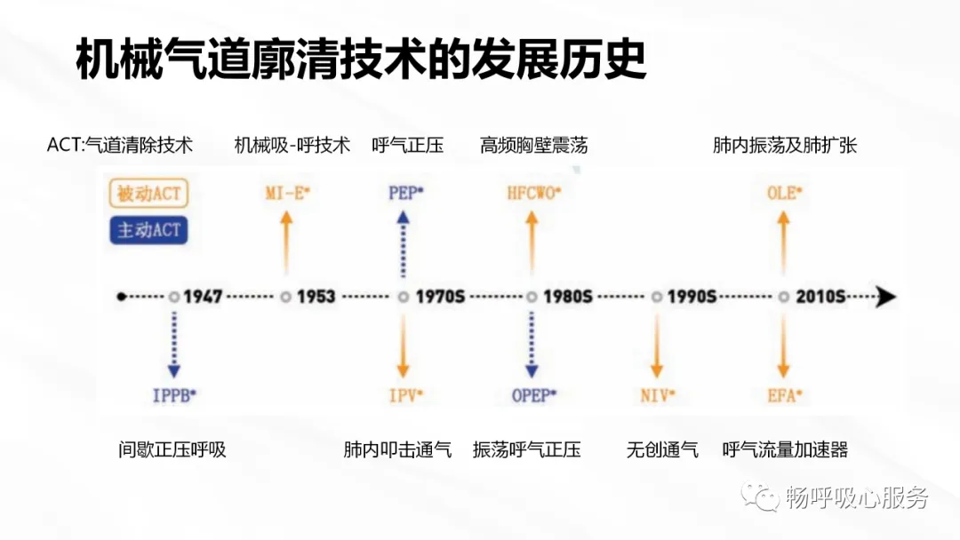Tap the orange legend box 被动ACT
point(148,194)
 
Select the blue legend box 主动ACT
point(148,230)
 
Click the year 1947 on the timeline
point(203,297)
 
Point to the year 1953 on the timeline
point(316,297)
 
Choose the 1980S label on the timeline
point(567,297)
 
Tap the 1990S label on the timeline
point(692,297)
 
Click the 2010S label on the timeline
point(820,297)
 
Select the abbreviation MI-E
point(287,193)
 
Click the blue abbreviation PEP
point(405,193)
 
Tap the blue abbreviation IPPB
point(174,395)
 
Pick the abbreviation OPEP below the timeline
point(532,395)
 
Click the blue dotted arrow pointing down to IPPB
point(174,345)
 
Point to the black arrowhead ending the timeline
point(886,298)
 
